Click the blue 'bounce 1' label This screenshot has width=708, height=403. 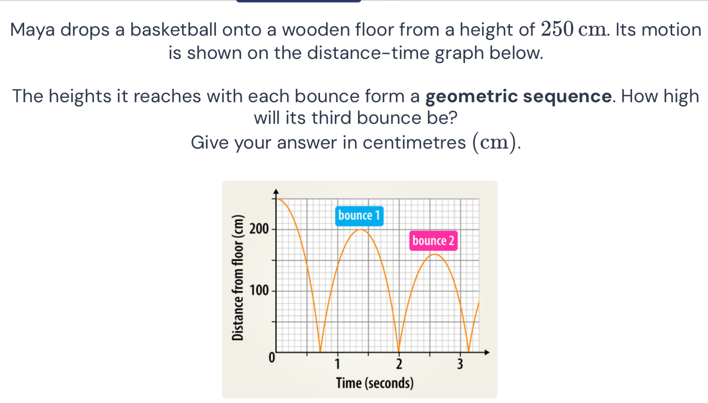coord(359,216)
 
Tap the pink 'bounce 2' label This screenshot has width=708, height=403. coord(433,241)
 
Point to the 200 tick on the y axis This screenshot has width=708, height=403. coord(274,229)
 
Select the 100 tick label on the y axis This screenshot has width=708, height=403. coord(259,290)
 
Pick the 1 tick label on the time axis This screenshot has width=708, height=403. coord(337,364)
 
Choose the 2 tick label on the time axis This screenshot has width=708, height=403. coord(399,364)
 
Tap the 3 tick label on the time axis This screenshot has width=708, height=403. coord(460,364)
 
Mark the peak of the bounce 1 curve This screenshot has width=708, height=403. coord(361,230)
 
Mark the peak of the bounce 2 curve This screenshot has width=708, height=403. coord(434,254)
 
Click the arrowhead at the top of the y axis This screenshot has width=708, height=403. coord(276,192)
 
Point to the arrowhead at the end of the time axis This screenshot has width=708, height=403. coord(487,352)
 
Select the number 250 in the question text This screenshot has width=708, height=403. coord(557,29)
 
